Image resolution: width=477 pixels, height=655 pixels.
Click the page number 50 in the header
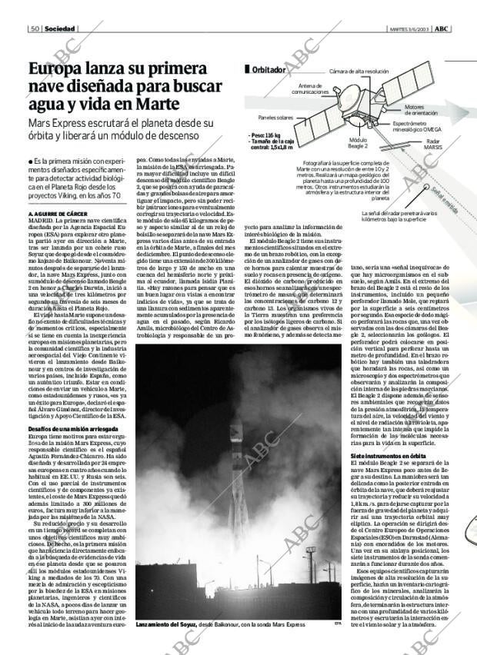[x=35, y=28]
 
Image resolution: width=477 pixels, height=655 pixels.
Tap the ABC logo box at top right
[x=442, y=28]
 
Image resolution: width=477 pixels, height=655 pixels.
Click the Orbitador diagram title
[x=269, y=70]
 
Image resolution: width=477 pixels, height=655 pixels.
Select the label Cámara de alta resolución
[x=359, y=71]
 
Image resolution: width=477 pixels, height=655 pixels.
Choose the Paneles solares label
[x=275, y=118]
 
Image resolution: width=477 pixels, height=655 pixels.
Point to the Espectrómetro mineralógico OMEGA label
[x=416, y=127]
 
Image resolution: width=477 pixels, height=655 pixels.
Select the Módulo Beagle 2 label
[x=357, y=144]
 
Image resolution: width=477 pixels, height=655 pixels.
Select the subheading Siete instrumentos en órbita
[x=382, y=456]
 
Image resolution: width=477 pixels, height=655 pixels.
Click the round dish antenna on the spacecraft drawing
[x=341, y=91]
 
